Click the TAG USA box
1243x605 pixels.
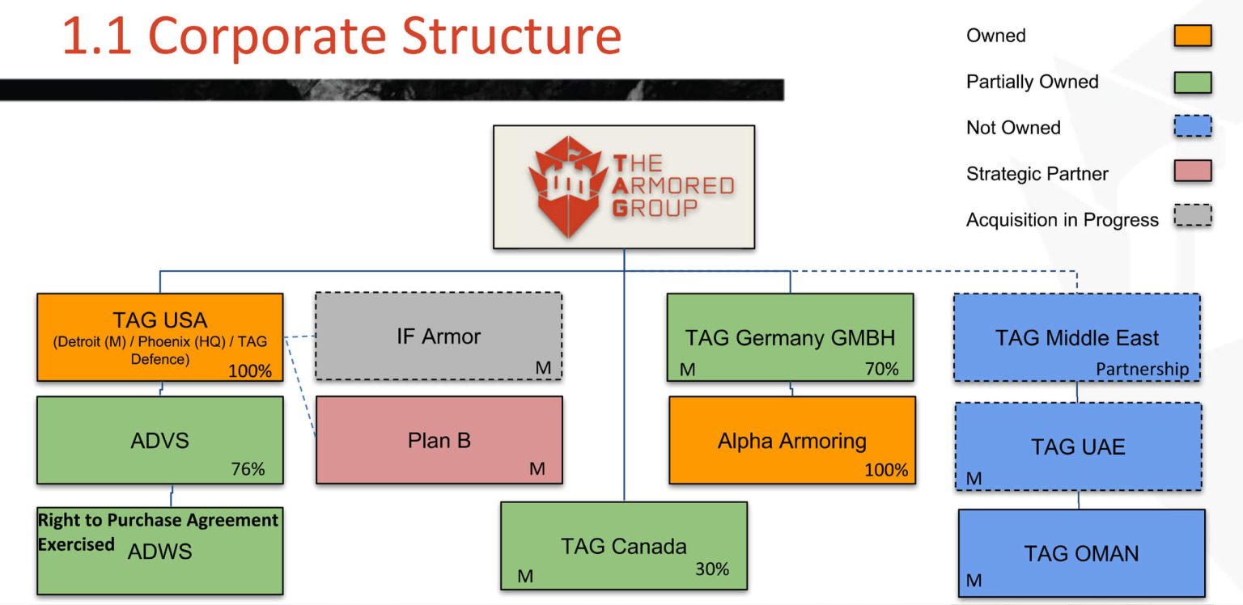pos(159,336)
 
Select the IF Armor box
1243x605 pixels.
pos(438,336)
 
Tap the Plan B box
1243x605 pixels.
pos(439,440)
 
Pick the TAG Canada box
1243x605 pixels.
pos(623,546)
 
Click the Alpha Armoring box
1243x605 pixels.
pos(791,441)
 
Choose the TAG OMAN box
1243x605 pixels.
pos(1081,553)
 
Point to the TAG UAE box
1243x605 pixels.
pos(1078,446)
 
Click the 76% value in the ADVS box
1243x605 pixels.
pos(248,469)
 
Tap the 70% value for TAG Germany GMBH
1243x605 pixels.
pos(881,369)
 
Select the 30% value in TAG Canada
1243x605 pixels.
pos(712,569)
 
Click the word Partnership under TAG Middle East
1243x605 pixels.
pos(1142,369)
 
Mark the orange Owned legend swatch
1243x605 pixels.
pos(1192,36)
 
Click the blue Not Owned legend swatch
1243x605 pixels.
pos(1192,127)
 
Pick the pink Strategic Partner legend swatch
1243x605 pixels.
pos(1192,171)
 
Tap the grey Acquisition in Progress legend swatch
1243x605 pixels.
pos(1192,216)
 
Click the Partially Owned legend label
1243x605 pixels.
pos(1032,82)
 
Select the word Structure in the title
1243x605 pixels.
pos(511,36)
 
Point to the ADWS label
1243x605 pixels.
pos(160,552)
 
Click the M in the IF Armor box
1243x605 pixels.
pos(543,368)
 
